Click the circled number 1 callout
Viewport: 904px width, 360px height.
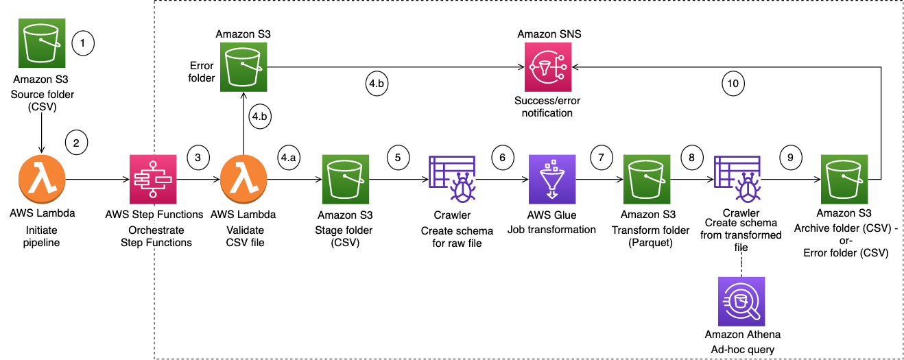point(82,43)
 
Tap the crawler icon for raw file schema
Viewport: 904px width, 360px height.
point(451,179)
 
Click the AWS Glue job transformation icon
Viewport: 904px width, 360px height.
point(552,179)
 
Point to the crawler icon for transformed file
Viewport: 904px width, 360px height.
point(737,179)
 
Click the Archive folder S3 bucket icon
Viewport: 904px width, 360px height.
point(844,179)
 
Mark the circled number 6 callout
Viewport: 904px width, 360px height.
point(503,157)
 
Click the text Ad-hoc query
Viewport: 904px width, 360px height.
point(743,349)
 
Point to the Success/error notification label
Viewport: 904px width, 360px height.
point(547,106)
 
